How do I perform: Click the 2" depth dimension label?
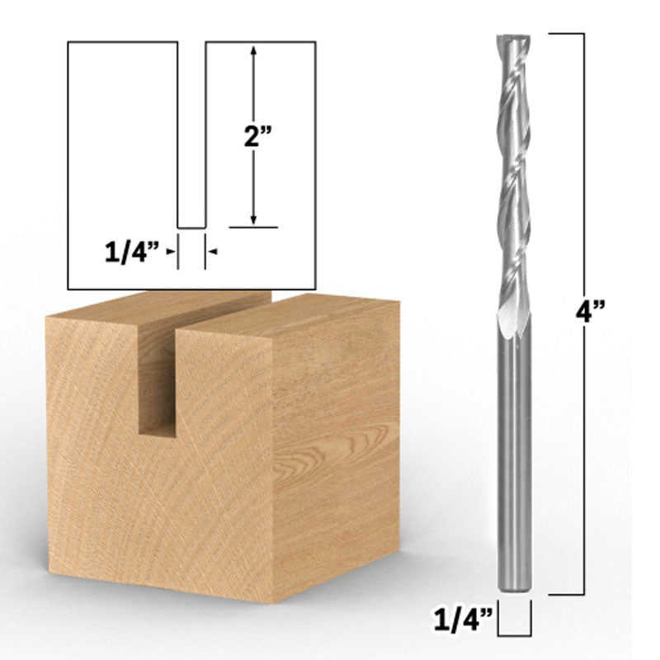pos(253,138)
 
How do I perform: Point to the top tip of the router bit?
pos(511,38)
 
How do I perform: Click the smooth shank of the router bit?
pos(511,454)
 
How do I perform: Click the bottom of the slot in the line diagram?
pos(191,226)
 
